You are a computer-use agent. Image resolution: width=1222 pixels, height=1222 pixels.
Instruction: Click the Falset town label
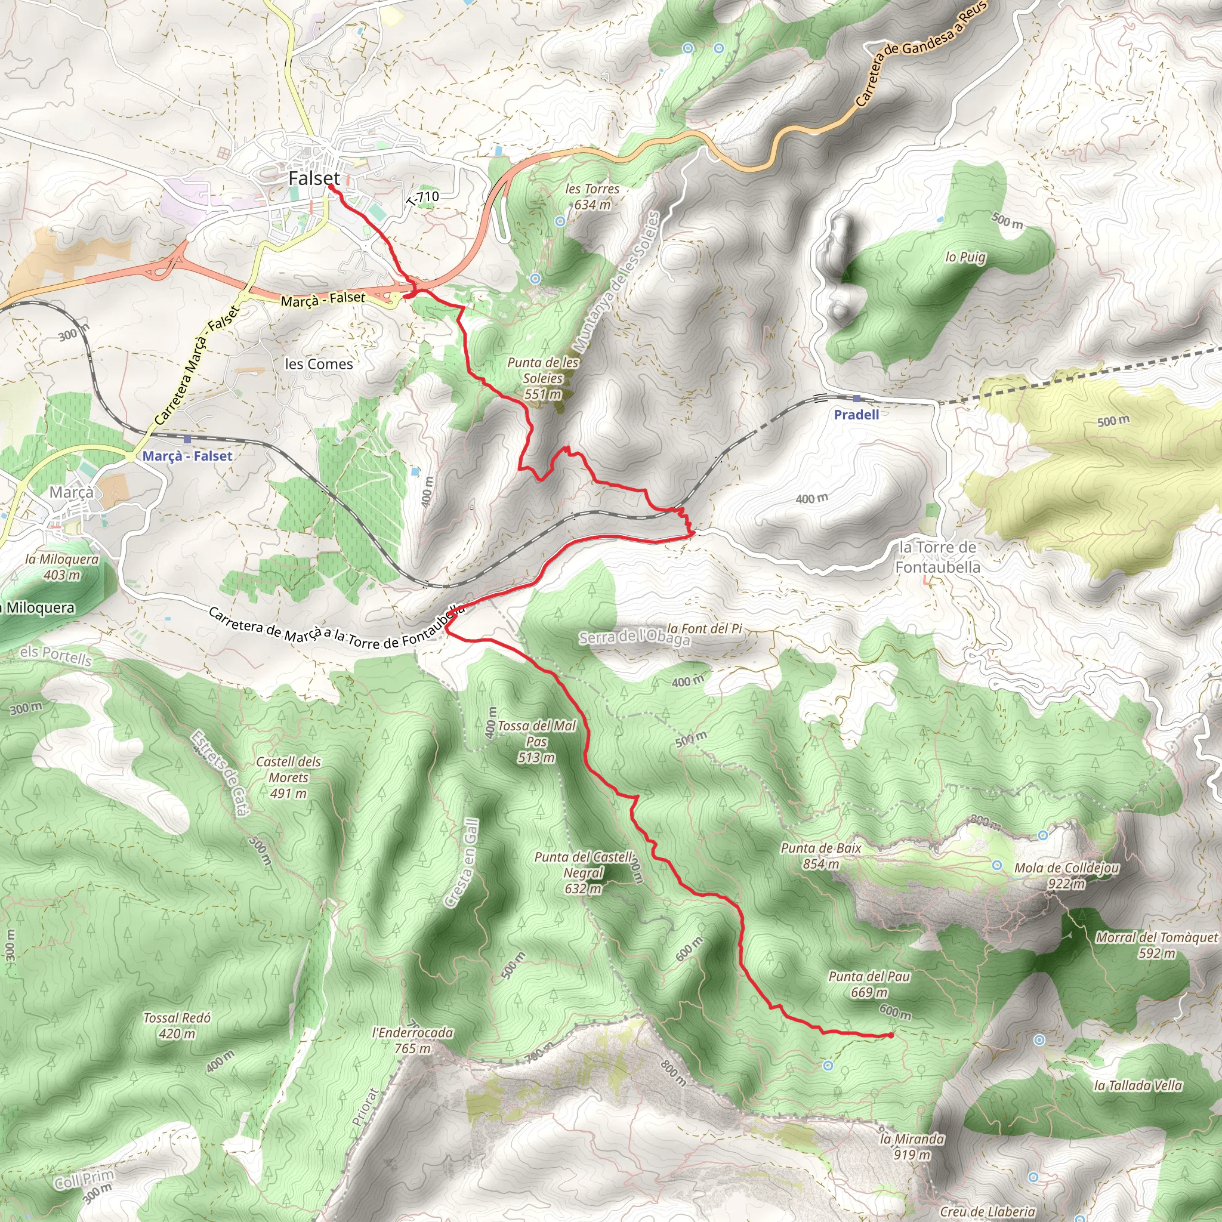pos(314,178)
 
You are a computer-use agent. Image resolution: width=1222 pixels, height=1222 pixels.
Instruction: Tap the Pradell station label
pos(856,414)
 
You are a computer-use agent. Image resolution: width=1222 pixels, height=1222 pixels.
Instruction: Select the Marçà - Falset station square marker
pos(187,440)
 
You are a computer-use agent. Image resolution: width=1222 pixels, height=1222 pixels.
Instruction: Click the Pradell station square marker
pos(856,399)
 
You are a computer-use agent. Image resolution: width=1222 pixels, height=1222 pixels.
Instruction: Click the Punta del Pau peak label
pos(869,983)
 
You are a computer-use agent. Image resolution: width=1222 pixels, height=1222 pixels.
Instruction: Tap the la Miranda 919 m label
pos(912,1147)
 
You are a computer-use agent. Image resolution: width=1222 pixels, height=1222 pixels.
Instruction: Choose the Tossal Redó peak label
pos(177,1025)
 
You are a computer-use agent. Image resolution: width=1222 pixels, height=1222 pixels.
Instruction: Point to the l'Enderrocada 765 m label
pos(413,1041)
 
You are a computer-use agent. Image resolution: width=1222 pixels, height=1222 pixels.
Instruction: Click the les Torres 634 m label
pos(592,196)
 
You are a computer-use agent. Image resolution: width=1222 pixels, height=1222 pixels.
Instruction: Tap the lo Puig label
pos(965,257)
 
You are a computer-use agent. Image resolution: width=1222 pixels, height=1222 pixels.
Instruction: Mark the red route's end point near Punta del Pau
pos(891,1035)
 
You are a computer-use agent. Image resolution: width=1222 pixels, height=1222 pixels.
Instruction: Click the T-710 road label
pos(424,198)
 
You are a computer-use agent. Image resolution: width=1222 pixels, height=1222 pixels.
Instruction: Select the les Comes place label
pos(319,364)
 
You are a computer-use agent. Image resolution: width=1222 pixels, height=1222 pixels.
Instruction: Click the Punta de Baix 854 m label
pos(821,856)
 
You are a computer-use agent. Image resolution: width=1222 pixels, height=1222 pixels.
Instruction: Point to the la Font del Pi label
pos(705,628)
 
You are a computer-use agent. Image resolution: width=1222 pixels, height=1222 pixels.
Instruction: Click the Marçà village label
pos(72,492)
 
